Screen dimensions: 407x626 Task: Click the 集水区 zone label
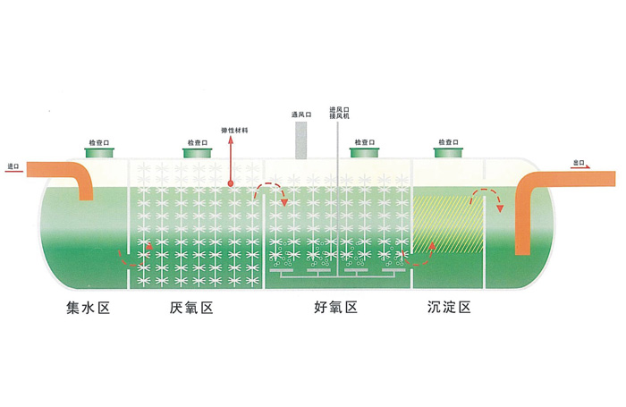(x=89, y=309)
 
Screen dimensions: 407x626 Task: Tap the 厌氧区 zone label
(x=191, y=309)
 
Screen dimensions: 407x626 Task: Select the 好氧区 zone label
(x=336, y=309)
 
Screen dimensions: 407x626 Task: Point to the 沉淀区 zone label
(x=450, y=309)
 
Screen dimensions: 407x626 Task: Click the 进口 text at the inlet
(x=13, y=166)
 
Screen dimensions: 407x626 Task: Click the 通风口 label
(x=300, y=114)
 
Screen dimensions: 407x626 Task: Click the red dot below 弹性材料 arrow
(x=231, y=183)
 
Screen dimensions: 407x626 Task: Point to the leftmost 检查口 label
(x=99, y=141)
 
